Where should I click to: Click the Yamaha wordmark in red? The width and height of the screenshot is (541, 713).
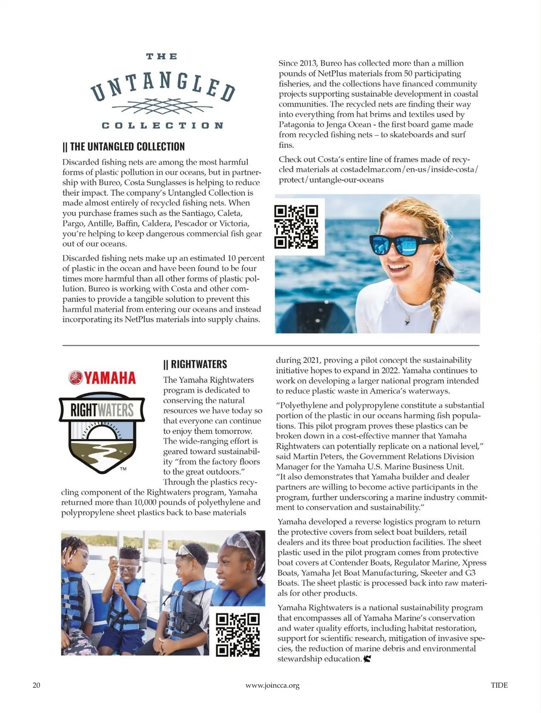(x=102, y=378)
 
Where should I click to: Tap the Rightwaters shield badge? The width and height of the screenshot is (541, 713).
(x=102, y=434)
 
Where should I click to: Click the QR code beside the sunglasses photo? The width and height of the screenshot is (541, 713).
(x=296, y=227)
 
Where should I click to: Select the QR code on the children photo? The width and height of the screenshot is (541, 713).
(x=238, y=634)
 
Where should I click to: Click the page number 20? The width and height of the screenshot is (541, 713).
(x=37, y=685)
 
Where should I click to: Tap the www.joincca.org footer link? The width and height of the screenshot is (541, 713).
(x=272, y=686)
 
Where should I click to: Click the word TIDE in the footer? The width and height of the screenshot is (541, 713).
(x=499, y=685)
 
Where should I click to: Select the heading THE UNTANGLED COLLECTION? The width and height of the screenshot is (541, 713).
(x=124, y=146)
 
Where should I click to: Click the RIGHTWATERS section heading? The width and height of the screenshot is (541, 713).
(x=196, y=364)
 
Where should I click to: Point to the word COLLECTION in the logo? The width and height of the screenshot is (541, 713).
(x=162, y=125)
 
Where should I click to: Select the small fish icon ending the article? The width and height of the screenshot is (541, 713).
(x=367, y=659)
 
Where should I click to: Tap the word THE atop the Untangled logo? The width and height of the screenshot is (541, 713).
(x=162, y=57)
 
